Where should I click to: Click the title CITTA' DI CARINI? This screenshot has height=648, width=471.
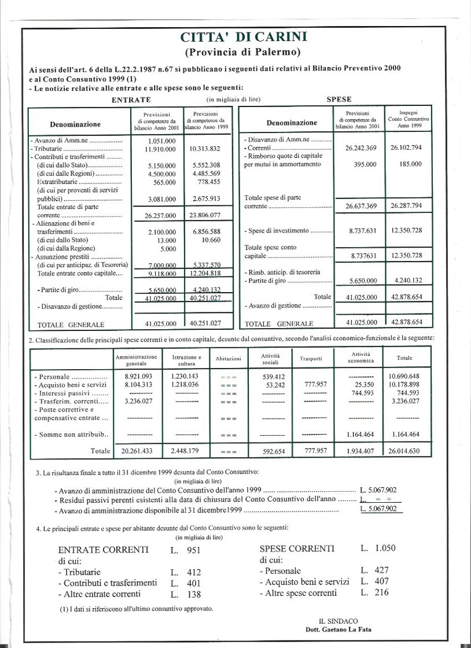point(244,38)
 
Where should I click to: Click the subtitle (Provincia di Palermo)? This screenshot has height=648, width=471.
point(244,52)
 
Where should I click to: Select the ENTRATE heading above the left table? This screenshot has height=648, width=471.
point(131,100)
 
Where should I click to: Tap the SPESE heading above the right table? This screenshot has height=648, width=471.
point(339,100)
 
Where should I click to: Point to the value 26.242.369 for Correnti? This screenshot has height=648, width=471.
point(360,148)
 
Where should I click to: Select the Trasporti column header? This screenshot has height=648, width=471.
point(311,359)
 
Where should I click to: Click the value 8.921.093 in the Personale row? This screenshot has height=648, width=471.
point(138,376)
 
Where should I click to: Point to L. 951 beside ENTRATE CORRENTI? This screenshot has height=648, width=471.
point(186,550)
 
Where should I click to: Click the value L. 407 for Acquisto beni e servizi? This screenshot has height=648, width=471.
point(374,581)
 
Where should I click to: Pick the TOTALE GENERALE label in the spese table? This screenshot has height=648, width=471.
point(279,324)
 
